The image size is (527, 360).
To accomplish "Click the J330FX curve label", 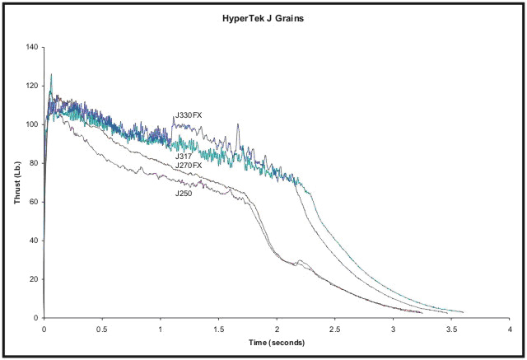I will pyautogui.click(x=188, y=117).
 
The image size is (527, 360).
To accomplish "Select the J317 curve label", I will pyautogui.click(x=184, y=155).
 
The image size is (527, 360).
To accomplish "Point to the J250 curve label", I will pyautogui.click(x=184, y=193).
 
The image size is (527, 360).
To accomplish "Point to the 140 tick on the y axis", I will pyautogui.click(x=33, y=47).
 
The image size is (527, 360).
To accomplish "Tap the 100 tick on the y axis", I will pyautogui.click(x=33, y=124).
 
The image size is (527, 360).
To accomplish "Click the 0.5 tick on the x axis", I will pyautogui.click(x=102, y=328).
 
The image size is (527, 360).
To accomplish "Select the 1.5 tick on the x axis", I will pyautogui.click(x=218, y=328).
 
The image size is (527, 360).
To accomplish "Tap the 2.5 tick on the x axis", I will pyautogui.click(x=335, y=328).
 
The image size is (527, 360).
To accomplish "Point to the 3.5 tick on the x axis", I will pyautogui.click(x=451, y=328).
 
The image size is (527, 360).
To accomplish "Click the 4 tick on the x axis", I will pyautogui.click(x=510, y=328).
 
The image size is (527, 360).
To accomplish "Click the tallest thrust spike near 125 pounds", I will pyautogui.click(x=51, y=75).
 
